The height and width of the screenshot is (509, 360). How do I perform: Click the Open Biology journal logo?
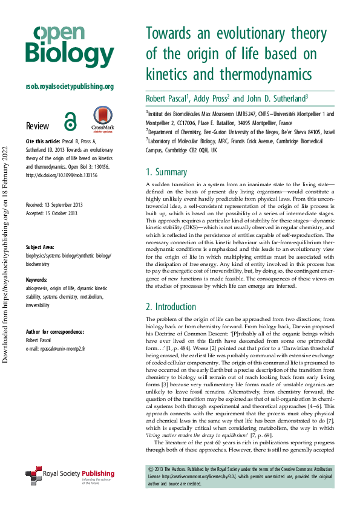tap(70, 46)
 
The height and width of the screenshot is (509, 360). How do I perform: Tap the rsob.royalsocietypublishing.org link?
tap(70, 86)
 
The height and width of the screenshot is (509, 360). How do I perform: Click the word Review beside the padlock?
tap(38, 126)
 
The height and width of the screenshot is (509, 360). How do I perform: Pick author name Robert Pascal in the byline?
tap(168, 98)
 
